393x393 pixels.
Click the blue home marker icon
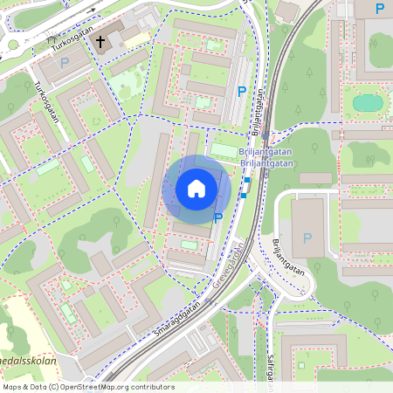[x=196, y=189]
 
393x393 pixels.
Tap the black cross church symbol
[x=100, y=41]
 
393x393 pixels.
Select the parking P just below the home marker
[x=218, y=218]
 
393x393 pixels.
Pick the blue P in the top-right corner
[x=379, y=9]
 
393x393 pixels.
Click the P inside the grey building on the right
[x=306, y=238]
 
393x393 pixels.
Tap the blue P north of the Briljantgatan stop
[x=242, y=91]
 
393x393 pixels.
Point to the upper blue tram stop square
[x=247, y=181]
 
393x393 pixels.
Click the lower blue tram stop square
[x=242, y=196]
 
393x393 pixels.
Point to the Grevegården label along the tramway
[x=228, y=268]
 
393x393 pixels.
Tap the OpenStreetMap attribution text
[x=88, y=386]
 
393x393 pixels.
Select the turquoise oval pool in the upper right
[x=368, y=103]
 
